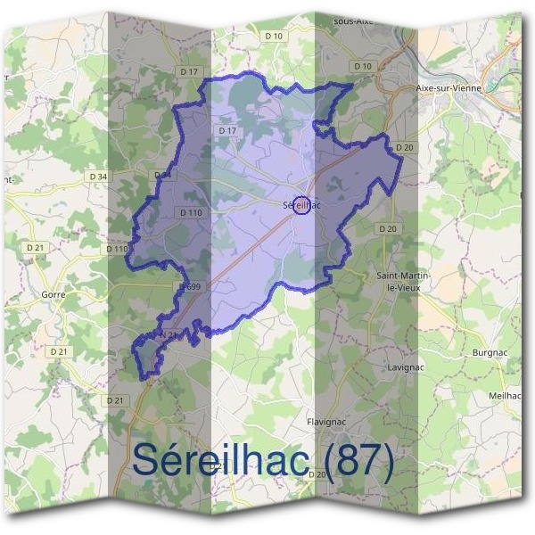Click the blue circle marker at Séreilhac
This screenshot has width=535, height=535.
tap(301, 206)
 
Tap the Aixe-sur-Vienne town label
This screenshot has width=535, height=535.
tap(449, 89)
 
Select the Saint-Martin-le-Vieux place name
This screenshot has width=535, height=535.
tap(404, 282)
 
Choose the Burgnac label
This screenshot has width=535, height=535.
tap(490, 353)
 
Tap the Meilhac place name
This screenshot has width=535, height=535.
tap(506, 395)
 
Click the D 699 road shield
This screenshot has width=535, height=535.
tap(189, 287)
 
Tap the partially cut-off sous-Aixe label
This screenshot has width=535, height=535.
tap(352, 20)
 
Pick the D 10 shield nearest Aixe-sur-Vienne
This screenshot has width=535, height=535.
tap(362, 66)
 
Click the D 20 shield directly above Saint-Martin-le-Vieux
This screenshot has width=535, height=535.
tap(387, 229)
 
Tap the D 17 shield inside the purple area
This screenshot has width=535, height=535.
tap(226, 131)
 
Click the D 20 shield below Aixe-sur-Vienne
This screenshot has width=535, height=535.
tap(405, 147)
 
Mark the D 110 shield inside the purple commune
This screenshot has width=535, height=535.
tap(191, 212)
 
